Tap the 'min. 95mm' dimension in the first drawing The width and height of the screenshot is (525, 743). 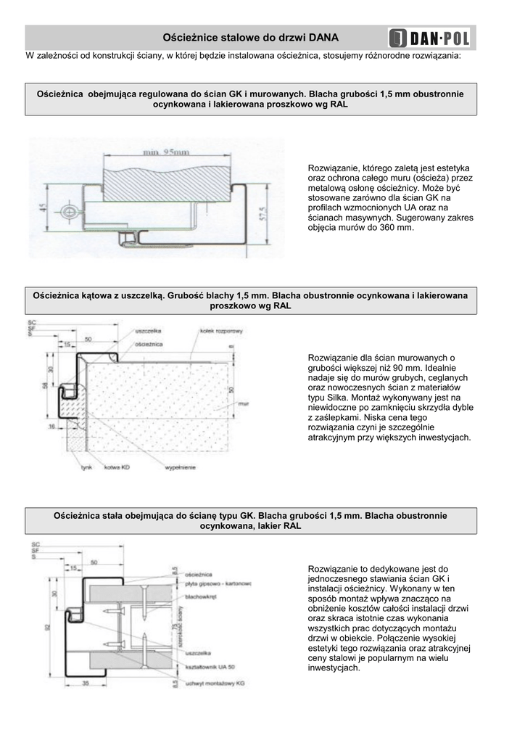[x=167, y=152]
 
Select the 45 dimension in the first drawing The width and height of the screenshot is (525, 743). [x=43, y=210]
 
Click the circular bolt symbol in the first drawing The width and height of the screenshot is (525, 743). [x=67, y=211]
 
